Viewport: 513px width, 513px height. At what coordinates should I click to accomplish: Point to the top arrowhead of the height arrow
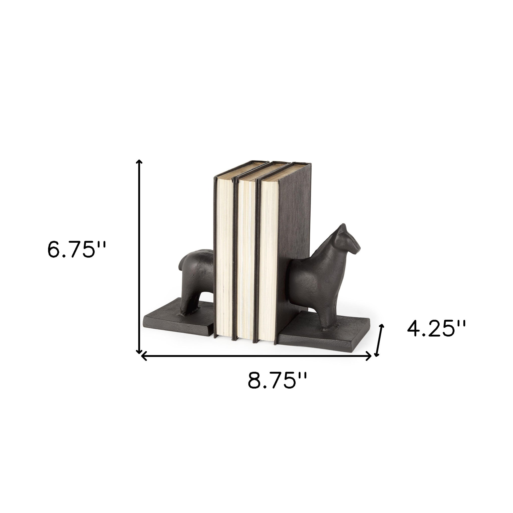(139, 162)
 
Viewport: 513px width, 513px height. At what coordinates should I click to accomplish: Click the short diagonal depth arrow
(379, 344)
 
